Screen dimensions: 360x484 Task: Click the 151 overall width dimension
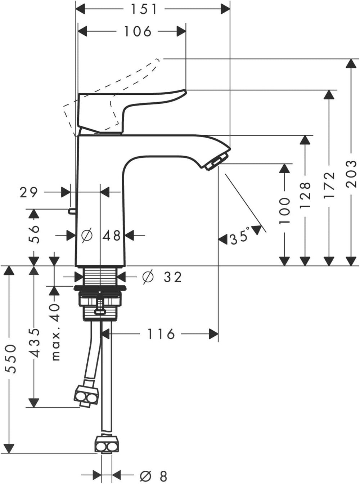(144, 9)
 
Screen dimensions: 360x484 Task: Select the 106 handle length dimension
(138, 31)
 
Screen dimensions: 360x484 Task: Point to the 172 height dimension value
(329, 185)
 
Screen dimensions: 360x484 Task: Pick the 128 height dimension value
(305, 195)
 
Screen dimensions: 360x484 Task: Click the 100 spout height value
(284, 210)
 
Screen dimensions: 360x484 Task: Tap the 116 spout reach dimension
(161, 334)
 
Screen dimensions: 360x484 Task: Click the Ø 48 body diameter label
(100, 236)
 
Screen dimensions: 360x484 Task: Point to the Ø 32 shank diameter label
(162, 277)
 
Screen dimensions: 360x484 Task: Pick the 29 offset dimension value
(29, 192)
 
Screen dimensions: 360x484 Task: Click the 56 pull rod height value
(34, 234)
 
